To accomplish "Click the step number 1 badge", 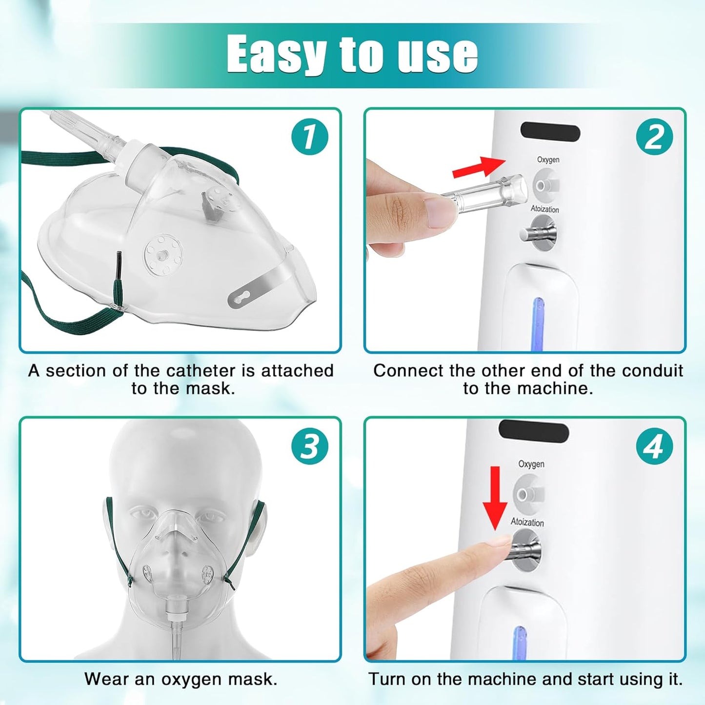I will (310, 137).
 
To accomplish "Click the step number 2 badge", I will (654, 137).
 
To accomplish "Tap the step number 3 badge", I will (310, 446).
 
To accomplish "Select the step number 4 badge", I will (654, 446).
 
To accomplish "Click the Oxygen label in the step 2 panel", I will (548, 160).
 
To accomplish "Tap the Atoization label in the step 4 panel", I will (527, 522).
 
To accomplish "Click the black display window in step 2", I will (550, 131).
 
